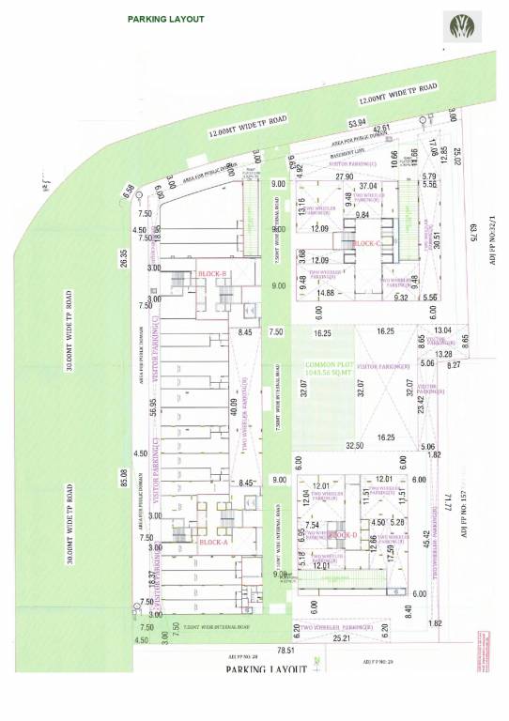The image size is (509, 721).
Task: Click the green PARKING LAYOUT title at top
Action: coord(165,19)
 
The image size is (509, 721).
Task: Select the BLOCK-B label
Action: coord(213,274)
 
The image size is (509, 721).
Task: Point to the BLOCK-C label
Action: coord(365,243)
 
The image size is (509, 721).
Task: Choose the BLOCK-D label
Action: coord(344,534)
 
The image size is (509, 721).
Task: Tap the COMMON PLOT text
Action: coord(325,364)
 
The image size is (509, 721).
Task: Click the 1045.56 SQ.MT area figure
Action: coord(325,373)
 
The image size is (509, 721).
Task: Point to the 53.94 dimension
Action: coord(357,123)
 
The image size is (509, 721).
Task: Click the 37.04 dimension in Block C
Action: coord(366,187)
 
